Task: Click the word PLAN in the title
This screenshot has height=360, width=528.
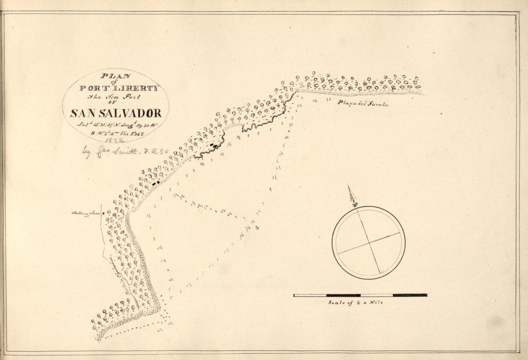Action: [x=116, y=75]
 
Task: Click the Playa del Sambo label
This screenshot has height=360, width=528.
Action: [x=363, y=104]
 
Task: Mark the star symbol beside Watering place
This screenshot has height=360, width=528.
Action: [x=103, y=213]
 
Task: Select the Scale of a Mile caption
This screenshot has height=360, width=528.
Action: [x=356, y=303]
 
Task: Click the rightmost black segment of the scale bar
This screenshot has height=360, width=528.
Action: [x=410, y=295]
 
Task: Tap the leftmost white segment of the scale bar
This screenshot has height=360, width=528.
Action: [x=310, y=295]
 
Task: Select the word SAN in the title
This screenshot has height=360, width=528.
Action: [x=84, y=113]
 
